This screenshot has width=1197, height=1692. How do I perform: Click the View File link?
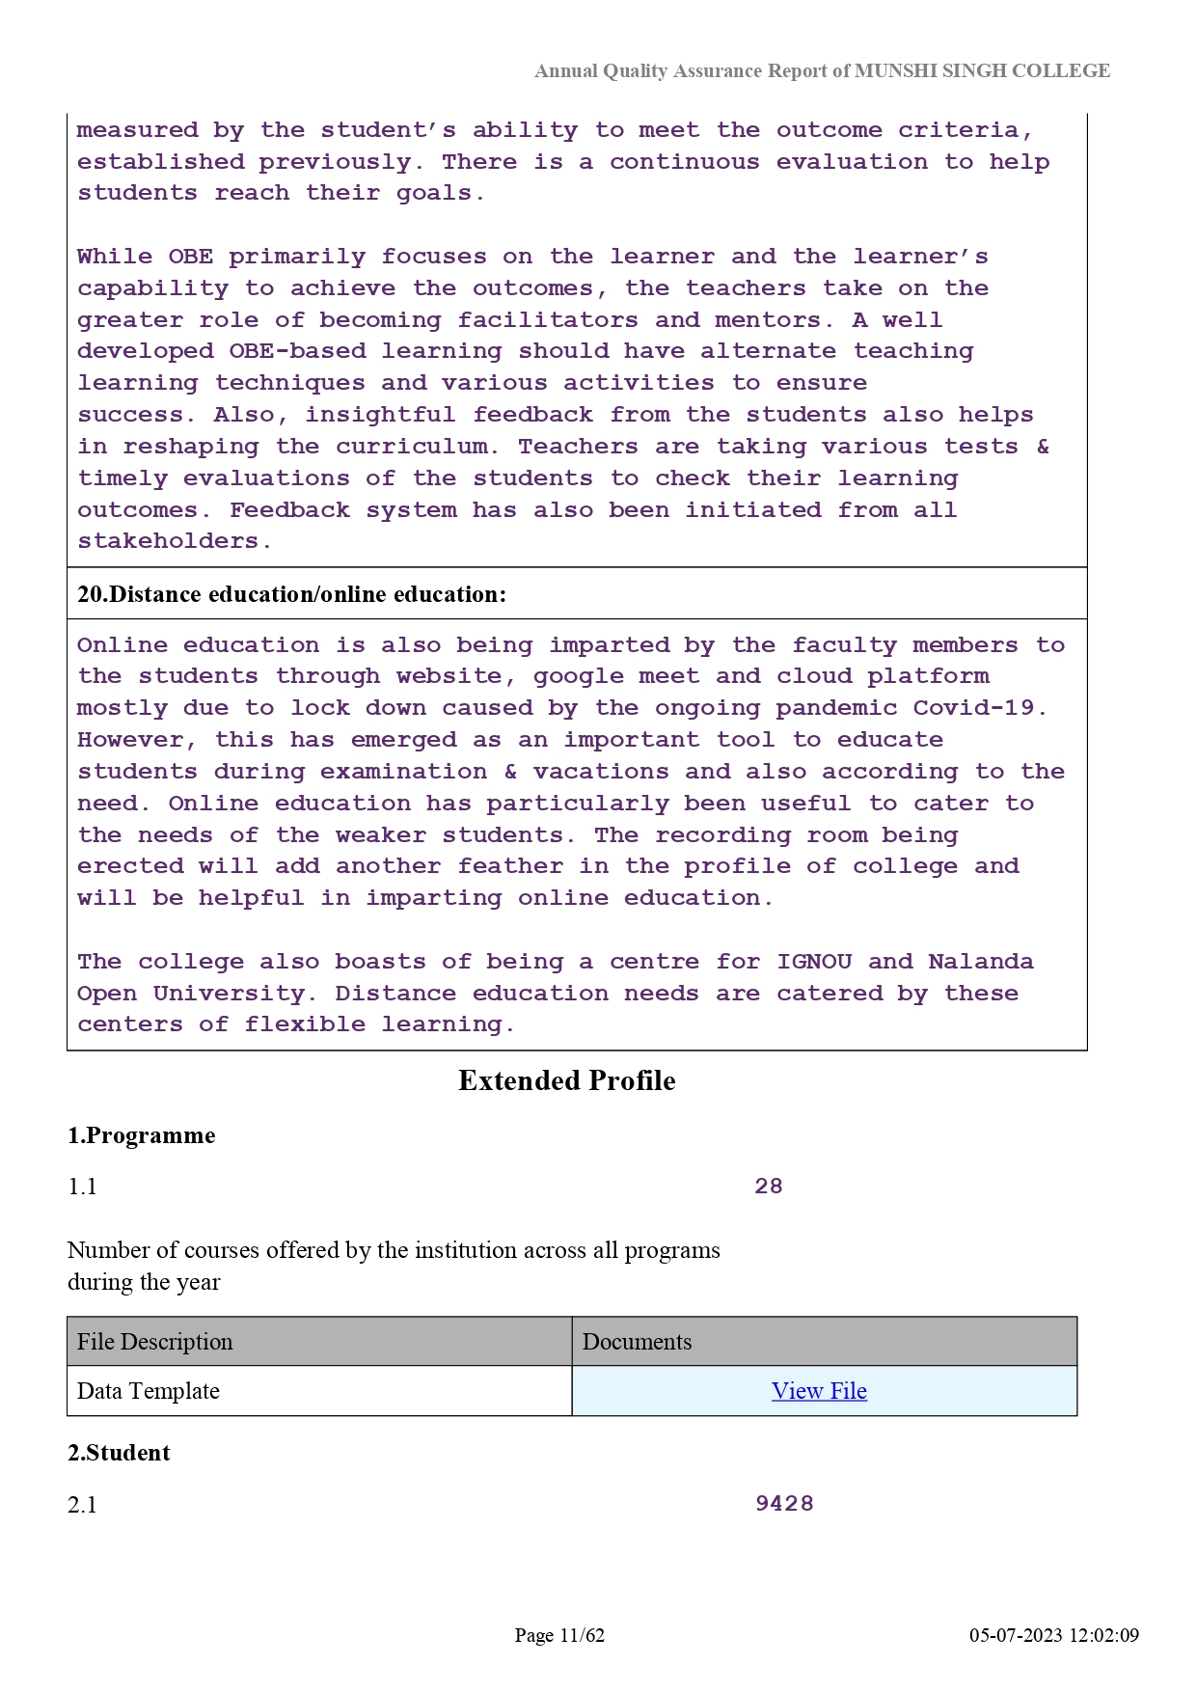point(819,1391)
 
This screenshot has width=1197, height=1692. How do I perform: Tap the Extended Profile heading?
point(566,1080)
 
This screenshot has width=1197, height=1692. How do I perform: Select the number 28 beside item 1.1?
point(769,1187)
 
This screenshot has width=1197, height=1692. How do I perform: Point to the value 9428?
point(784,1504)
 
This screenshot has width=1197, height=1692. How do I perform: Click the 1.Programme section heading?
point(142,1135)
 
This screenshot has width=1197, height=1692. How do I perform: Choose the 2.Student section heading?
point(119,1453)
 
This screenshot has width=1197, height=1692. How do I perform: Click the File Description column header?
point(155,1342)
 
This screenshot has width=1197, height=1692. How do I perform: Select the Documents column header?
point(638,1342)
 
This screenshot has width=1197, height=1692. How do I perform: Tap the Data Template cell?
point(149,1391)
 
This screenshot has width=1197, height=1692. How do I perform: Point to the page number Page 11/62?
point(559,1635)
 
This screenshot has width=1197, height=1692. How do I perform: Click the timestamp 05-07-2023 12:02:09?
point(1054,1635)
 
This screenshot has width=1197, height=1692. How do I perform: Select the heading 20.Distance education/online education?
point(291,594)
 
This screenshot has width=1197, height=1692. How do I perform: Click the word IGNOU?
point(814,962)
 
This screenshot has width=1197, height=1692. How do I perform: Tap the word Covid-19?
point(979,708)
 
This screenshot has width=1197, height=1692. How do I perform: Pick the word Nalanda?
point(981,962)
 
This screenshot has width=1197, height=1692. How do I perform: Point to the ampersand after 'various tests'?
point(1043,447)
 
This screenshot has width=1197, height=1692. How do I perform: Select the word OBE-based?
point(297,351)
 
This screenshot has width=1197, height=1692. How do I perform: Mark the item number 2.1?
point(83,1505)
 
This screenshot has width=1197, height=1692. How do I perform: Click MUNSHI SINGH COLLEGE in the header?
point(982,70)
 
